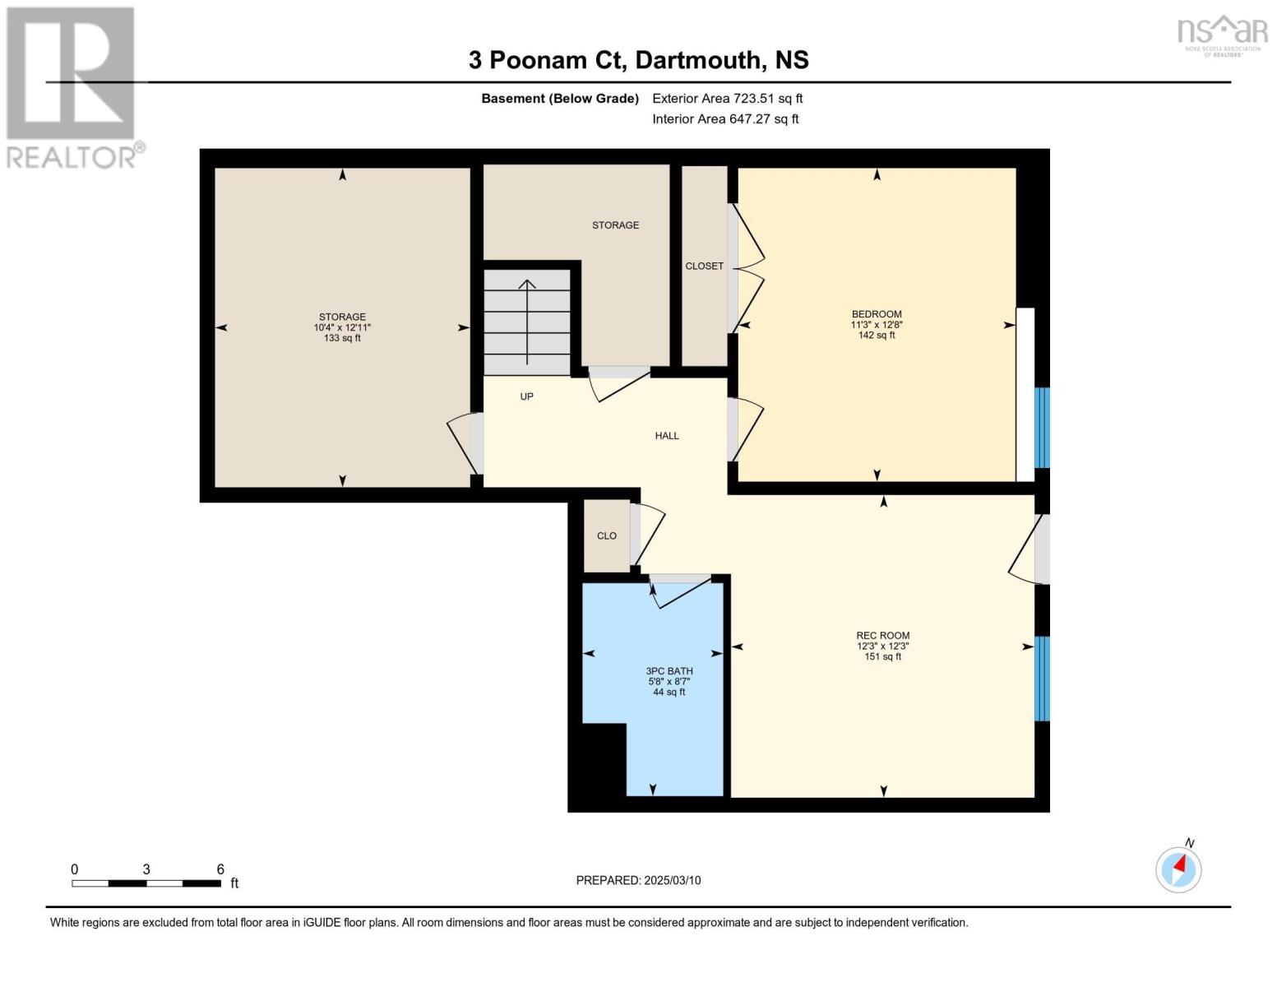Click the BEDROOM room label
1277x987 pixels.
[x=877, y=314]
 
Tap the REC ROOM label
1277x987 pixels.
[x=882, y=636]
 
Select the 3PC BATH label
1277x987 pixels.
[x=669, y=671]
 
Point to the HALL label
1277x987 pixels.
[x=667, y=436]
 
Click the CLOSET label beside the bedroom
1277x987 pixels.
[x=705, y=266]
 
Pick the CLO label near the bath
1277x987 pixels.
[x=607, y=536]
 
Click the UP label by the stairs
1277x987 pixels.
[x=527, y=396]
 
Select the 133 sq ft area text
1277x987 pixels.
[x=342, y=338]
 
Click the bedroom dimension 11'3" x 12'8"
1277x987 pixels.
[x=877, y=325]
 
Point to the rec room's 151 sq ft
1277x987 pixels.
[x=882, y=657]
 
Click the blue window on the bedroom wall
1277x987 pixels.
[x=1042, y=428]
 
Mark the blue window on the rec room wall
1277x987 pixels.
[x=1042, y=679]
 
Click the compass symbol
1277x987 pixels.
[x=1178, y=869]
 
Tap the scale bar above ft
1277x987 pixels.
[x=146, y=883]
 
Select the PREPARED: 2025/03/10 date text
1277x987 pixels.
[x=638, y=880]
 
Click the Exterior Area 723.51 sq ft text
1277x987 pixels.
[x=727, y=99]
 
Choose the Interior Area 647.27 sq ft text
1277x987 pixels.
[x=725, y=119]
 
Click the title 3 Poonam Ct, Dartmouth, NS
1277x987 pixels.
[x=638, y=60]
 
